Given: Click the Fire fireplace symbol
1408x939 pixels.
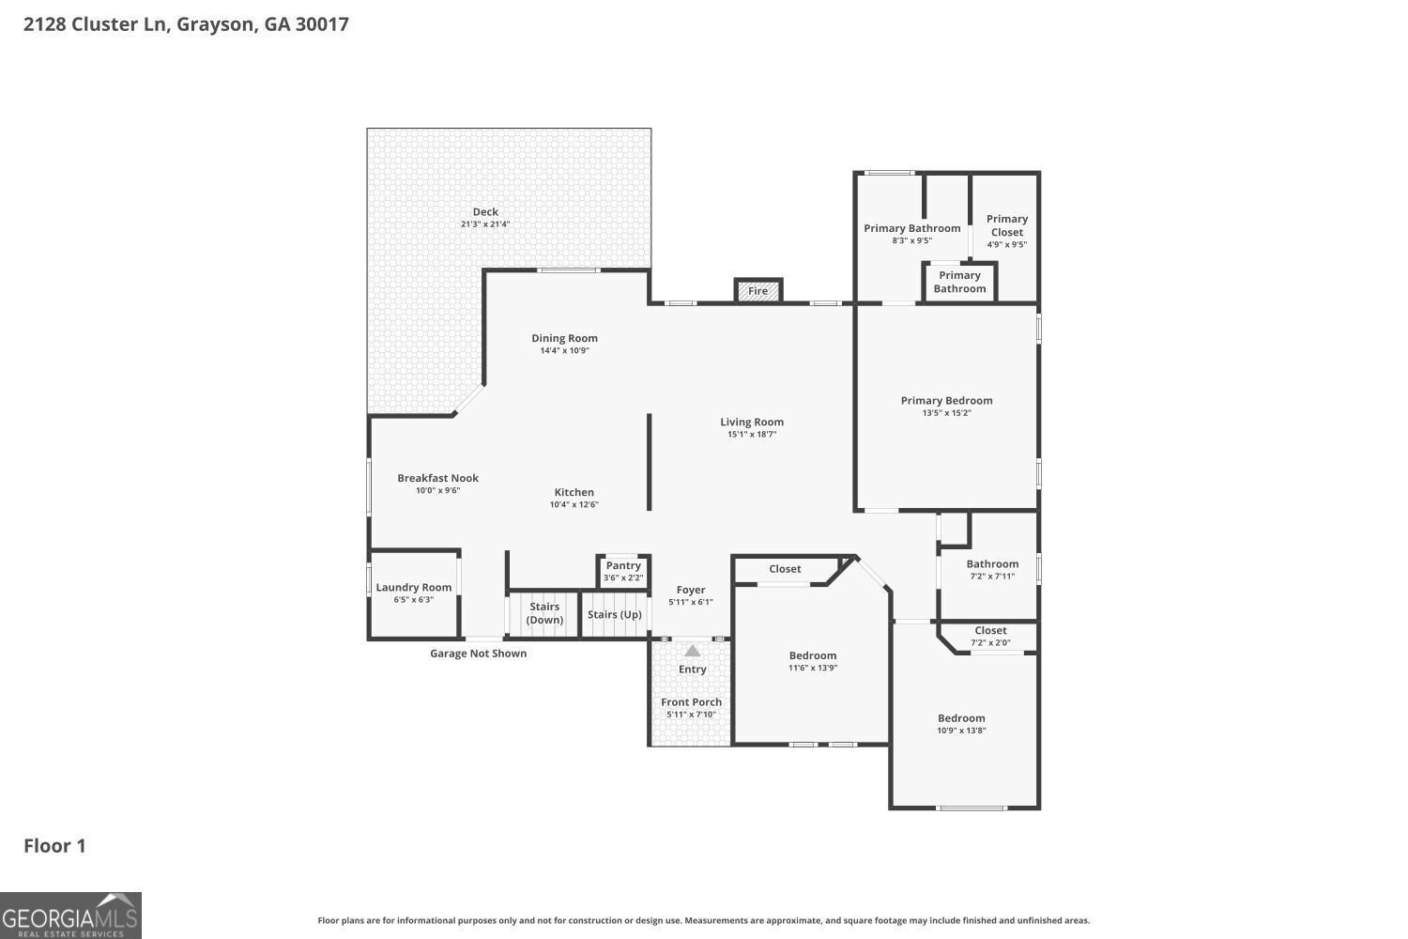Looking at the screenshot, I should pos(758,291).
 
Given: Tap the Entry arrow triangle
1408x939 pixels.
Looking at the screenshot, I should pos(692,651).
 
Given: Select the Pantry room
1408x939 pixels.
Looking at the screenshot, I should pos(623,571).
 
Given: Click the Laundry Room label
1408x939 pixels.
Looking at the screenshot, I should pos(414,588).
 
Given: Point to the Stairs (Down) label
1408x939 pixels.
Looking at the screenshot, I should pos(544,613).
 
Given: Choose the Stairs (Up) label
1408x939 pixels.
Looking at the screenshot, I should pos(615,615).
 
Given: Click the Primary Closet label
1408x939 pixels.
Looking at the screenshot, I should pos(1007,225).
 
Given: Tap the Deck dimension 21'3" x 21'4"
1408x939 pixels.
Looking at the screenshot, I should pos(485,224).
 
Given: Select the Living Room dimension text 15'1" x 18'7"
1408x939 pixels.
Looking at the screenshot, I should pos(752,435).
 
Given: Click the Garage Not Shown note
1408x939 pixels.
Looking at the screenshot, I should pos(478,654).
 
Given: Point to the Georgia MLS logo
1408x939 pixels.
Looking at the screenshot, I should pos(70,916).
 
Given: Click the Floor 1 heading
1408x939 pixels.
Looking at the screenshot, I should pos(54,846).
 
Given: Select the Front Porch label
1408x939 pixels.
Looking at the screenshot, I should pos(691,702).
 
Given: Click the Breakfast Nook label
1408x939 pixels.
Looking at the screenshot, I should pos(437,478).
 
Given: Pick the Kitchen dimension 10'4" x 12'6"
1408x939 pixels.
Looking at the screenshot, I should pos(574,505).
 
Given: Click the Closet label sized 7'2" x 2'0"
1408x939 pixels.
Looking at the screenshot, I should pos(990,631).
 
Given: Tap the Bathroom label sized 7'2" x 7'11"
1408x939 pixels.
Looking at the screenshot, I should pos(992,564).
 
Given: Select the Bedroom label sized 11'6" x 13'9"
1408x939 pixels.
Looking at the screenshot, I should pos(812,655).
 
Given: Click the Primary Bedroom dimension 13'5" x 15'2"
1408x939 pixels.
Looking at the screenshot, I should pos(946,413).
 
